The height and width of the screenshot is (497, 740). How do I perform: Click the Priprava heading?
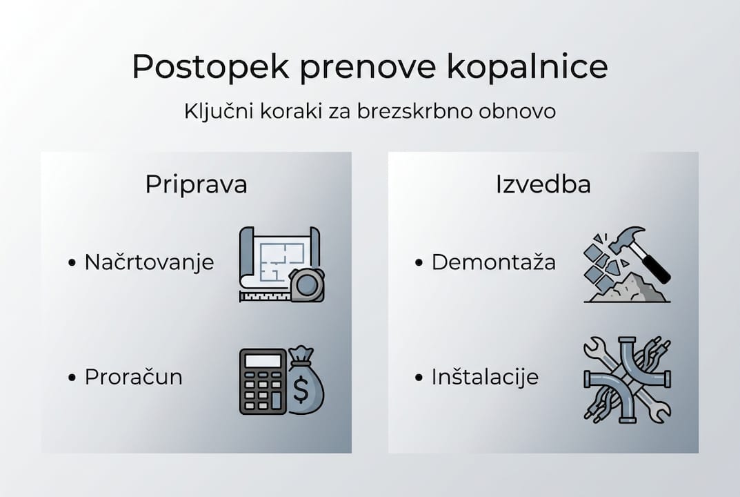pos(196,185)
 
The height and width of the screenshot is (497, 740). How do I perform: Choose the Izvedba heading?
pos(543,185)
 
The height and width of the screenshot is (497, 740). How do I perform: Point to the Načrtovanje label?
pos(149,262)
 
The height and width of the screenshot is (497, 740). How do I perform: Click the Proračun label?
pos(133,377)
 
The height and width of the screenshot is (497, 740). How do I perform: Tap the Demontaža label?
pos(493,262)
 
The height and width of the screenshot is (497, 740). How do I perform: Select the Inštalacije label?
pos(485,377)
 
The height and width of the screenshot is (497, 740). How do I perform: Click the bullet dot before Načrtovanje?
pos(72,263)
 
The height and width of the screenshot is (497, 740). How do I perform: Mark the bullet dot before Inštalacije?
pos(419,378)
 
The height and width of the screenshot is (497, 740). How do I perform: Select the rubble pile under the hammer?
pos(631,290)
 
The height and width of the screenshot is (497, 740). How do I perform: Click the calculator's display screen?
pos(263,360)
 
